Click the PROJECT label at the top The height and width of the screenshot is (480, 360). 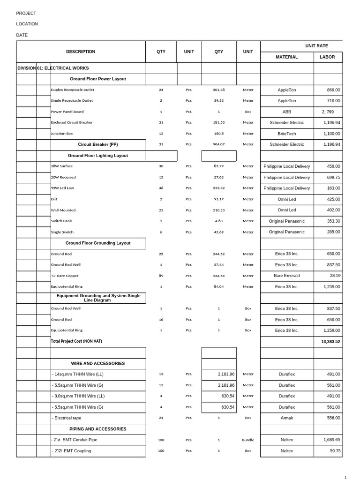coord(26,13)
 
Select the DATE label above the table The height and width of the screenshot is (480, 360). coord(22,35)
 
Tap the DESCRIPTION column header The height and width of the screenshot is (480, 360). coord(81,52)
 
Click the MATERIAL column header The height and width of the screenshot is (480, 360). coord(287,57)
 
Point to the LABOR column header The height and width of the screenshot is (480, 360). coord(327,57)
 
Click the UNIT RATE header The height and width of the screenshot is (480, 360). coord(317,46)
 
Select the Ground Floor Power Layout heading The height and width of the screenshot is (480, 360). coord(98,79)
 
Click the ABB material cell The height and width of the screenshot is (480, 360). coord(287,112)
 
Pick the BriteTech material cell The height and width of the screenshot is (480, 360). coord(287,134)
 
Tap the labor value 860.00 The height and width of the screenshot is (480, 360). coord(333,90)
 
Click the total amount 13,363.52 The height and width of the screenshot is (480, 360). coord(330,342)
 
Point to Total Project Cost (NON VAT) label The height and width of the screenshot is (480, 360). coord(76,341)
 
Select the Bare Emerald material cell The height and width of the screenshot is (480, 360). coord(287,276)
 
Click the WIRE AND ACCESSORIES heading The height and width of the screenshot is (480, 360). coord(98,363)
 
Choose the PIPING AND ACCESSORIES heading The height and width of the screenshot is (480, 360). coord(98,429)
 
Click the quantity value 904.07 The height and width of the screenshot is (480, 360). coord(219,144)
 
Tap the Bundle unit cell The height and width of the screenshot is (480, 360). coord(248,440)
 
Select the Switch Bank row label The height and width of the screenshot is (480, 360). coord(61,221)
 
